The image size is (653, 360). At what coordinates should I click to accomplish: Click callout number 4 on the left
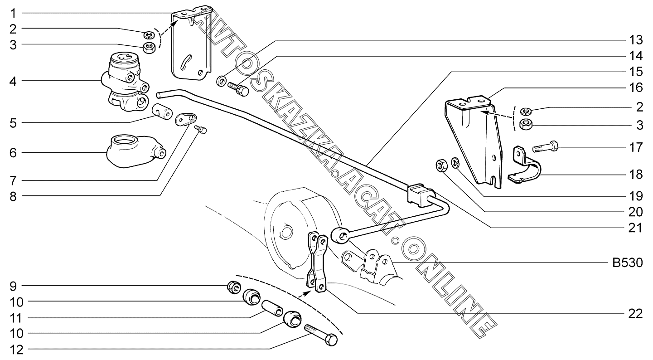point(13,82)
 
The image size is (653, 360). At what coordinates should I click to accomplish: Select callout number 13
point(636,41)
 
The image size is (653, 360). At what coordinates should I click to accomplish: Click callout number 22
point(636,314)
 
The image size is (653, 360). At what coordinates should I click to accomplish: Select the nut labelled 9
point(233,287)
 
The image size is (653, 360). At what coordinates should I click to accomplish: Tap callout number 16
point(636,87)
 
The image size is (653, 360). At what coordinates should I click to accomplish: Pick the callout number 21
point(636,227)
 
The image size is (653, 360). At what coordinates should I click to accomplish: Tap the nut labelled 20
point(441,165)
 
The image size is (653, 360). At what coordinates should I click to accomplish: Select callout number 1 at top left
point(13,12)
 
